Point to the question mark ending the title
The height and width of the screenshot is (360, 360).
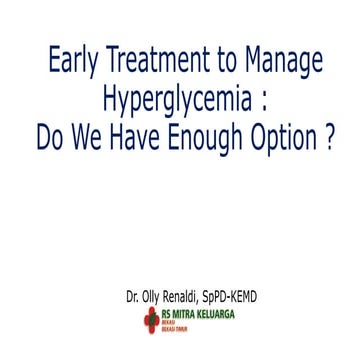329,135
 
